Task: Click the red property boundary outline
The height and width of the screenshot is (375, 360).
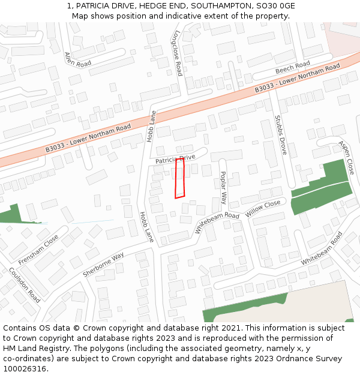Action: pos(179,178)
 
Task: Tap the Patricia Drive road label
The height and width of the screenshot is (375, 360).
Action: pos(176,160)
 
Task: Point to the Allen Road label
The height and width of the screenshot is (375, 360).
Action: pos(77,59)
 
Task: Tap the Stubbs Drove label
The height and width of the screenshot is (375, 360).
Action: pos(280,135)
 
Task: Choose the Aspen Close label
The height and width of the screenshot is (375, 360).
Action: pos(346,158)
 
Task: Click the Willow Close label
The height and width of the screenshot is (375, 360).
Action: pos(263,209)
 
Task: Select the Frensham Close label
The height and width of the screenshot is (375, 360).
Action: pos(38,250)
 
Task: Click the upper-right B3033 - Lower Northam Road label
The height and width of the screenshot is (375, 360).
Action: pos(297,77)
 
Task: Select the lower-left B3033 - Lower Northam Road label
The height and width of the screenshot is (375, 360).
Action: pos(88,138)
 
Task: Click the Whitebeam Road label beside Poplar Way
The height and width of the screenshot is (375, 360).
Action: pos(217,223)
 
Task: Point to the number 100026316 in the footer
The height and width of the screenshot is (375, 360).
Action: pos(26,368)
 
